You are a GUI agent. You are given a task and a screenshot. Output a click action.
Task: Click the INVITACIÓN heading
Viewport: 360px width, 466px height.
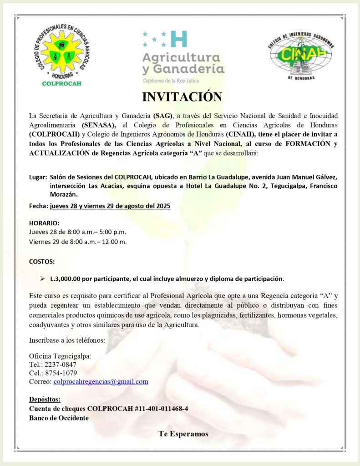(x=182, y=97)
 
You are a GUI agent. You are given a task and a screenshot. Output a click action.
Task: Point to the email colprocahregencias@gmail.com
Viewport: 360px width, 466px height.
(x=101, y=381)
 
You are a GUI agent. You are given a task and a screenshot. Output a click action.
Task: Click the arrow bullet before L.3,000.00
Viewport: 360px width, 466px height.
(x=42, y=278)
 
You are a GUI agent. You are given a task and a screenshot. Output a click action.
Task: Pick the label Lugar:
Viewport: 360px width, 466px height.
(x=38, y=177)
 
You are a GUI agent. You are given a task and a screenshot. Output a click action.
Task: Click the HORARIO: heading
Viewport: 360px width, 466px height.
(x=44, y=223)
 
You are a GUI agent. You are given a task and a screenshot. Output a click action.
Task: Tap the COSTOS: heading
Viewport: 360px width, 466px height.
(x=42, y=262)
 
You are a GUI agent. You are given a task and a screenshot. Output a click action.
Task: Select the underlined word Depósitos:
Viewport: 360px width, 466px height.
(x=45, y=400)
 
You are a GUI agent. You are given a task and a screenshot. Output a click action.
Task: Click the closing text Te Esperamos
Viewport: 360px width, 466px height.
(x=183, y=434)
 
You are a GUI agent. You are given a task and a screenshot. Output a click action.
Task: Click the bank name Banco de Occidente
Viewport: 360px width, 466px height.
(x=59, y=418)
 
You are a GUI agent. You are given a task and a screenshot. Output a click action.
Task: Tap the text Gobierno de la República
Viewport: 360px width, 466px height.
(x=166, y=81)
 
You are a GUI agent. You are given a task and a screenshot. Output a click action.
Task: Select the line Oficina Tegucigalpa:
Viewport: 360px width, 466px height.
(x=60, y=356)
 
